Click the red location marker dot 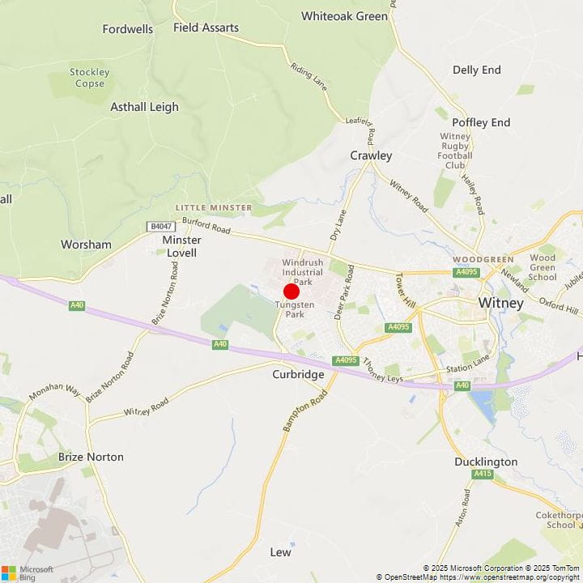coord(291,291)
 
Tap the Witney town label coord(501,303)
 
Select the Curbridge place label coord(298,375)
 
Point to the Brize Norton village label coord(91,457)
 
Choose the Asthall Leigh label coord(144,107)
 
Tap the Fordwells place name coord(128,29)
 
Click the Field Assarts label coord(206,28)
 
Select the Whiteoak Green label coord(344,16)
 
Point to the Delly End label coord(477,70)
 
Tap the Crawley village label coord(371,155)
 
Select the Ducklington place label coord(486,462)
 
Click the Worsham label coord(86,244)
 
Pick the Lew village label coord(280,552)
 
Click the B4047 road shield coord(161,228)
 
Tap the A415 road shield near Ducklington coord(483,474)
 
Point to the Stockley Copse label coord(89,78)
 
